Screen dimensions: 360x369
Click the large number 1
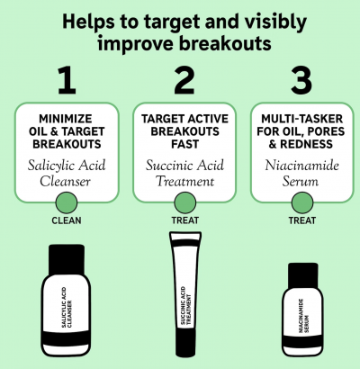67,80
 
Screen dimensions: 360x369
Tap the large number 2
184,80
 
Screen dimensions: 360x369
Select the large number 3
301,80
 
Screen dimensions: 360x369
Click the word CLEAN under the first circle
67,220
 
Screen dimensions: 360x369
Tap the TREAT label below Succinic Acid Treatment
185,220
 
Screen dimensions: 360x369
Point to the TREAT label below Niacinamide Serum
302,220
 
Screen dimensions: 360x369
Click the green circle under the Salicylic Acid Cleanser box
67,202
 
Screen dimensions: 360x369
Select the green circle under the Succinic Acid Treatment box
185,202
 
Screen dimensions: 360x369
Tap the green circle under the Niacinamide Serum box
302,202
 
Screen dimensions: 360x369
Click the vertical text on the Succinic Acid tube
185,305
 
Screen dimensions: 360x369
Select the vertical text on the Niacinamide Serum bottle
303,316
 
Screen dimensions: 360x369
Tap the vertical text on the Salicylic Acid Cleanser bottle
67,308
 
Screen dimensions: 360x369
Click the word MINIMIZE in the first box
66,119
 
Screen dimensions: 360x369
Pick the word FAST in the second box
184,144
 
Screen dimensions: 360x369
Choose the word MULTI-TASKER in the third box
301,119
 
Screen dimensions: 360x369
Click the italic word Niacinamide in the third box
301,166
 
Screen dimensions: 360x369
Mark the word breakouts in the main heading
225,43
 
